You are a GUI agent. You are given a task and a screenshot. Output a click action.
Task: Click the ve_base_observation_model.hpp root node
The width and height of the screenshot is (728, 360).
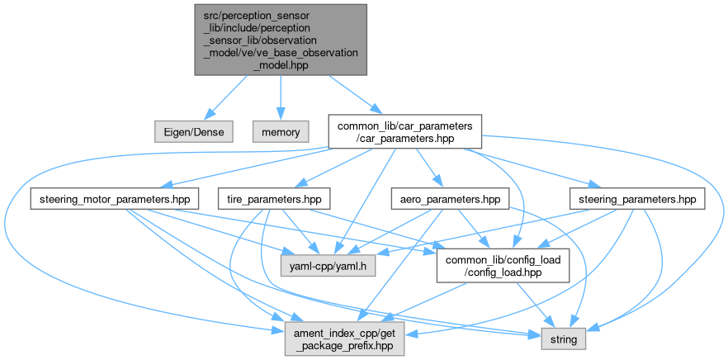point(280,40)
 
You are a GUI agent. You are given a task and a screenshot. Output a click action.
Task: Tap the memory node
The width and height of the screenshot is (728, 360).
point(280,130)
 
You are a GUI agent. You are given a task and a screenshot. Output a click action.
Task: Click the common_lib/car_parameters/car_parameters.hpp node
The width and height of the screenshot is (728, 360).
point(404,130)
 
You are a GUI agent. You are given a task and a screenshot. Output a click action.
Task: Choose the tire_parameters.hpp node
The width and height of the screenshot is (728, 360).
point(273,199)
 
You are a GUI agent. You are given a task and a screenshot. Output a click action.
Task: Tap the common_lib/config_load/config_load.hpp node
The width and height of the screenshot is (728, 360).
point(503,266)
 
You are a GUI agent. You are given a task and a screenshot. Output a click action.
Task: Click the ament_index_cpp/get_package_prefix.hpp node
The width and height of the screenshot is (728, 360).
point(346,339)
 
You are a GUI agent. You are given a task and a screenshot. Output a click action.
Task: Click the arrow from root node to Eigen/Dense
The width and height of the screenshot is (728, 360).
point(225,97)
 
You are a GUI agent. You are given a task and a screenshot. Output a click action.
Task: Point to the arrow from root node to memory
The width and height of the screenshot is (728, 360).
point(280,97)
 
